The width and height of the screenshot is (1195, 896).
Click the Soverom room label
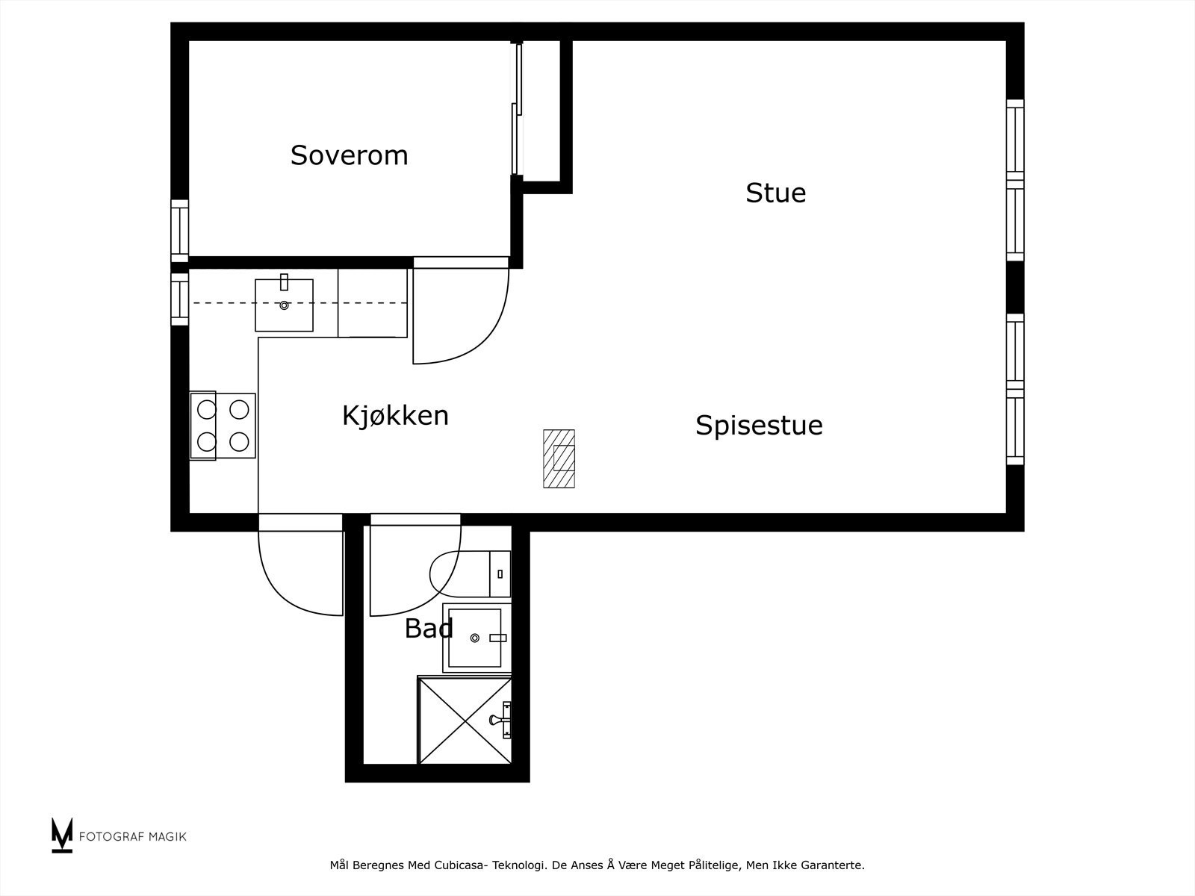349,155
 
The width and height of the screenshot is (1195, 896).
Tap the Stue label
775,193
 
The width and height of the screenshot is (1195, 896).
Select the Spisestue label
759,425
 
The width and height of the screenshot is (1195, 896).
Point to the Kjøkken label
395,415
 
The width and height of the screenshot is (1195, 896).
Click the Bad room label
429,629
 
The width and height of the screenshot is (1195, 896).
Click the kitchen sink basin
284,305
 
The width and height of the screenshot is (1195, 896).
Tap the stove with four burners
223,426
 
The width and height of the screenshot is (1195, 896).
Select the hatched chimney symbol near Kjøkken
559,458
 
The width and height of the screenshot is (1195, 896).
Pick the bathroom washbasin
473,637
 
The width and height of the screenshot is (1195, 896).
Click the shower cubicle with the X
463,721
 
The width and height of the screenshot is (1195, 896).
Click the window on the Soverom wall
179,231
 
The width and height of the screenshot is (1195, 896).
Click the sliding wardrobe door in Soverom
515,108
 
